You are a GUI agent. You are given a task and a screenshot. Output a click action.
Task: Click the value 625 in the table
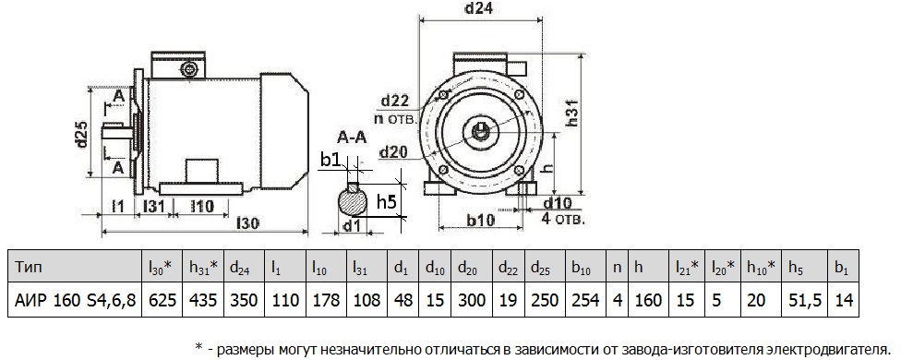click(162, 301)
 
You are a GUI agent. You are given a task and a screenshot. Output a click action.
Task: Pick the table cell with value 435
click(206, 301)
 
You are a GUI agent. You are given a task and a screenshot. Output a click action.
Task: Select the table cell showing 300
click(473, 301)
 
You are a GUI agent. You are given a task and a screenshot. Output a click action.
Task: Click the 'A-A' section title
click(350, 139)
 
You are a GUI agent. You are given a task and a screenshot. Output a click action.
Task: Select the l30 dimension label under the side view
click(247, 222)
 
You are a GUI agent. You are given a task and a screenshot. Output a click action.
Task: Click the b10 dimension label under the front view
click(478, 221)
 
